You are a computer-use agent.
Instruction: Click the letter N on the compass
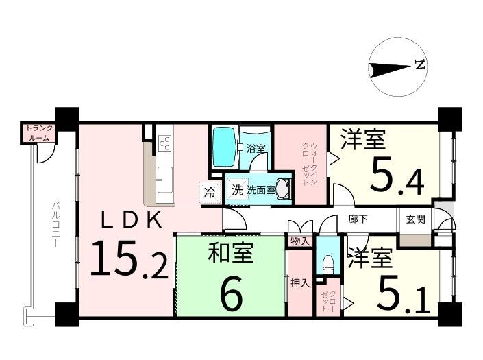420,64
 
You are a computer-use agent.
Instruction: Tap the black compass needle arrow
389,70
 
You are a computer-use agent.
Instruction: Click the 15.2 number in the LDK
129,259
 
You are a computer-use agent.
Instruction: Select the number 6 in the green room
232,294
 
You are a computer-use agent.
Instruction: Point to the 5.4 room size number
397,178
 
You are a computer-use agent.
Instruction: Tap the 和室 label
231,253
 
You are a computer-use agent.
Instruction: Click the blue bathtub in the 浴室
225,147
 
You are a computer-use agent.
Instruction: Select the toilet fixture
327,264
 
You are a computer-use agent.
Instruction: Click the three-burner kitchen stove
165,143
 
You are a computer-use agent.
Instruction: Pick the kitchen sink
164,180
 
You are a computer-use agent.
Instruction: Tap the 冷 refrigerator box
210,193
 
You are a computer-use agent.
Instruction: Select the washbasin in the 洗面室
283,189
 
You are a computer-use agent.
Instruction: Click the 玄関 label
416,219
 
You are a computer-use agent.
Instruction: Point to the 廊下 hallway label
358,219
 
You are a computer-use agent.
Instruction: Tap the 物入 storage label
300,241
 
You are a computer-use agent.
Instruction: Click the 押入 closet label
300,283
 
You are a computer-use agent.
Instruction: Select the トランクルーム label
39,133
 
